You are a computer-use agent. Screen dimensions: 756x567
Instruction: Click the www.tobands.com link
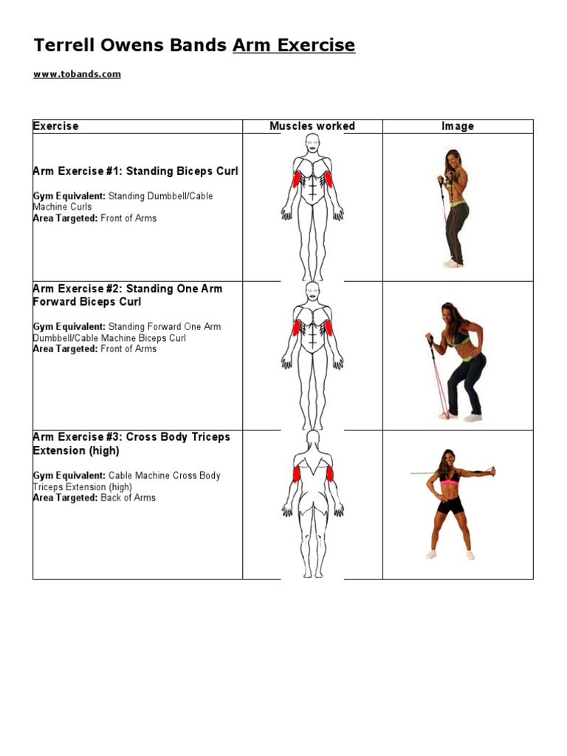[x=77, y=75]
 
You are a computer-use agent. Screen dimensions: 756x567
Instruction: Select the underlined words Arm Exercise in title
[x=294, y=46]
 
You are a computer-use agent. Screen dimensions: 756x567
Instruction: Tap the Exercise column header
[x=55, y=126]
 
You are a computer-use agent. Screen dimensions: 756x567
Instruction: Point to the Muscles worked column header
[x=312, y=126]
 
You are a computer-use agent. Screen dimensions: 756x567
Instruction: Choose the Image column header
[x=458, y=126]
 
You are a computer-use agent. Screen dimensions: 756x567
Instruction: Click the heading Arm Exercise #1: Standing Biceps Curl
[x=135, y=171]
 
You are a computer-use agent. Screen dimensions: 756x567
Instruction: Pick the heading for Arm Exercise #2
[x=127, y=295]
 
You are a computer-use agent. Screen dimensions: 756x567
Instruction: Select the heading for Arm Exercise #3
[x=131, y=444]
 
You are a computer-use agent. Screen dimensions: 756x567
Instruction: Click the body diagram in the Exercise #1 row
[x=312, y=207]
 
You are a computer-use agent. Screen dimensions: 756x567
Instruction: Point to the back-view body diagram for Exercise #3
[x=312, y=504]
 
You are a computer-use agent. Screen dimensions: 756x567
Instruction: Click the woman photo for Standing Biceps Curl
[x=456, y=207]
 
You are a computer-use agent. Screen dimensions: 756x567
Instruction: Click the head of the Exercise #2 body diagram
[x=312, y=291]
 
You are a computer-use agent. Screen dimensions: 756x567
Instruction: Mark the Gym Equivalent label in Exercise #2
[x=69, y=327]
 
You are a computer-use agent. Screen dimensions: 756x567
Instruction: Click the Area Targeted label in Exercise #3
[x=65, y=498]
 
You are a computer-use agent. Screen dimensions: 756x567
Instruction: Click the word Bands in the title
[x=202, y=46]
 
